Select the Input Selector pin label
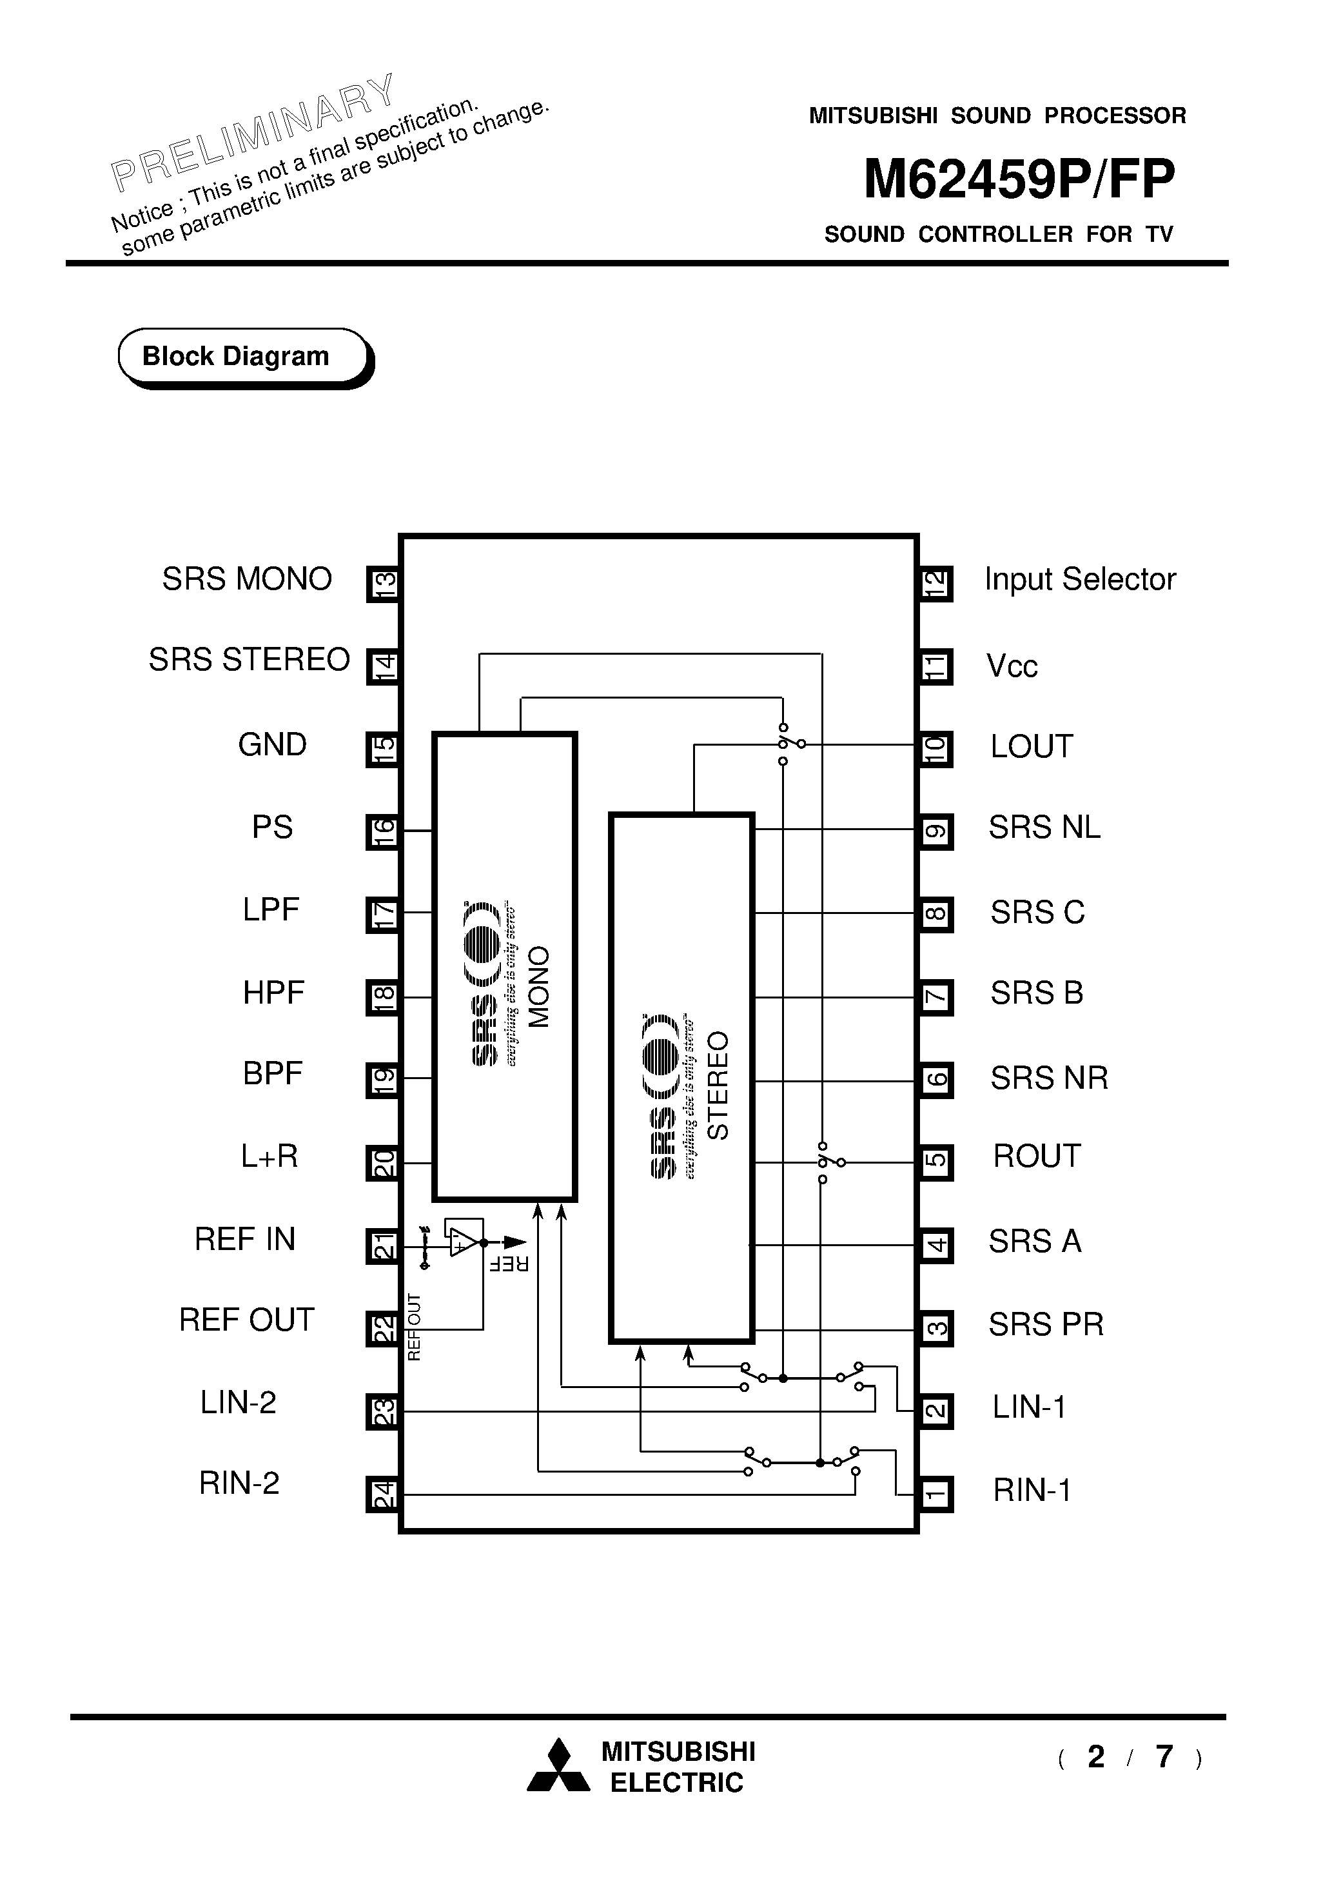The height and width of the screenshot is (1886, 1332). pyautogui.click(x=1079, y=580)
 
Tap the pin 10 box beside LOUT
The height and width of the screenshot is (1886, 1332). pyautogui.click(x=935, y=749)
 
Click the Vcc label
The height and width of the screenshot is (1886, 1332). pyautogui.click(x=1011, y=666)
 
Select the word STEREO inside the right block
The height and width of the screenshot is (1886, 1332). pyautogui.click(x=718, y=1085)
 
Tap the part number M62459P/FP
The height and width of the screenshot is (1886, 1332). pyautogui.click(x=1018, y=179)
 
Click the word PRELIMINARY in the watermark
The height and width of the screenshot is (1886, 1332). pyautogui.click(x=254, y=132)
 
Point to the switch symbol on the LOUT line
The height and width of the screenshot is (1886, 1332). pyautogui.click(x=790, y=744)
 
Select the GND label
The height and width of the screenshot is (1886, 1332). pyautogui.click(x=272, y=745)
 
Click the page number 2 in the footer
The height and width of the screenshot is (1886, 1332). pyautogui.click(x=1095, y=1757)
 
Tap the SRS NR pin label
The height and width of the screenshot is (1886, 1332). pyautogui.click(x=1049, y=1078)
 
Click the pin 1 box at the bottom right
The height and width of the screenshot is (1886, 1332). pyautogui.click(x=935, y=1494)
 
